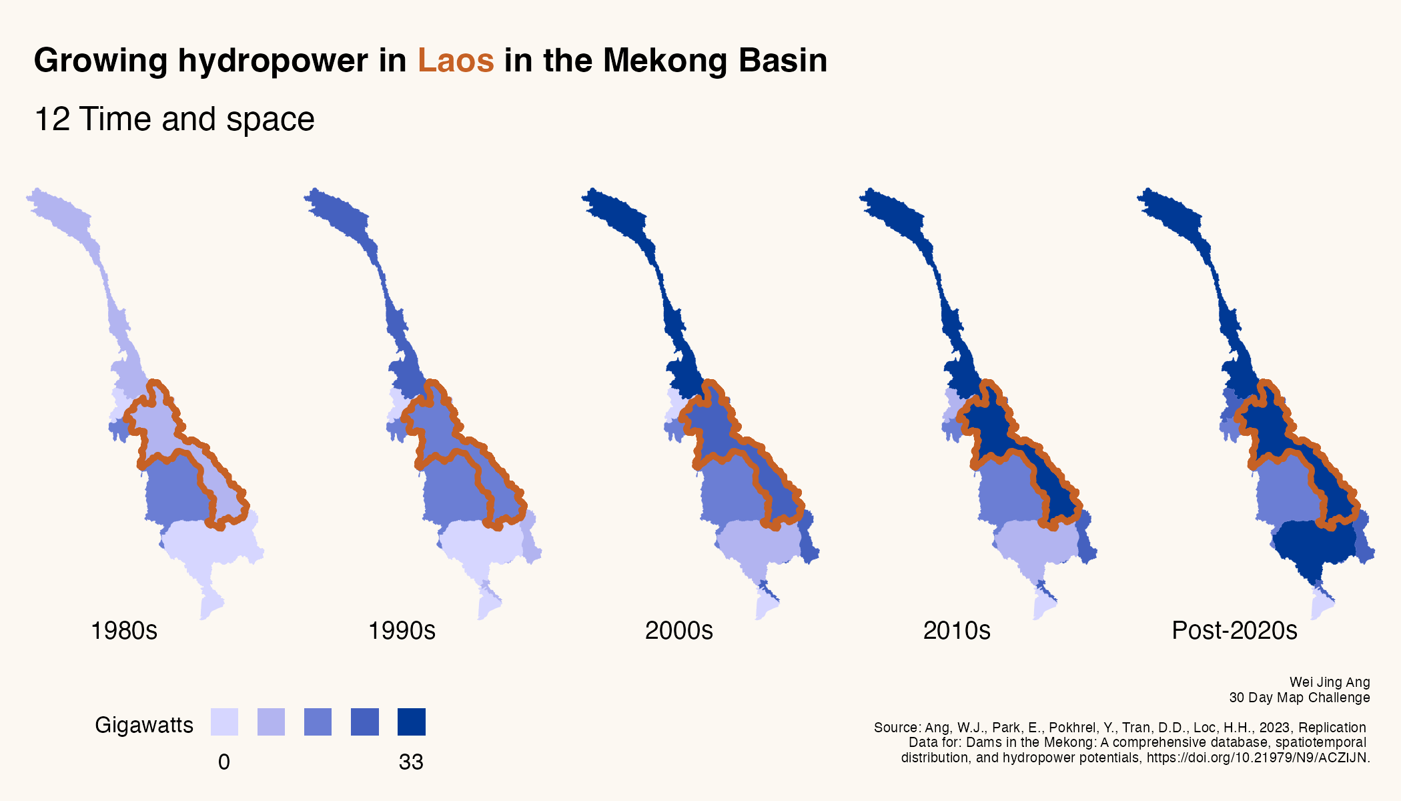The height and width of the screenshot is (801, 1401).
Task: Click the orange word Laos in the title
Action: [456, 61]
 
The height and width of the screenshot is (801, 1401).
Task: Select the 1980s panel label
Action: [124, 630]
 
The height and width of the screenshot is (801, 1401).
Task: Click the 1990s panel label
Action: [402, 630]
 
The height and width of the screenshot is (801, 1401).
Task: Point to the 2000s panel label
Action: [679, 630]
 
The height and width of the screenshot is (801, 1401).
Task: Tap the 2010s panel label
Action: [957, 630]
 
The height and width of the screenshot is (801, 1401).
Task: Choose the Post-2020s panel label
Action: [1234, 630]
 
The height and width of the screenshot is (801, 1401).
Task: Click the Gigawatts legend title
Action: [144, 725]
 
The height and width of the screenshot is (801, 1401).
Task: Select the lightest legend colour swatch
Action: [224, 722]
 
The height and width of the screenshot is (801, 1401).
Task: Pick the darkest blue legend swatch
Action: [411, 722]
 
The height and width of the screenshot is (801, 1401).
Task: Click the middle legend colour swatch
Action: [318, 722]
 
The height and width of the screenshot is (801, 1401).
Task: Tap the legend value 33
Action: [411, 762]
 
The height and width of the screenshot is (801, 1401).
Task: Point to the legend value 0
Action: [224, 762]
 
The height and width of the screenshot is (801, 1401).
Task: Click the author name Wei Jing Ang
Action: [1330, 682]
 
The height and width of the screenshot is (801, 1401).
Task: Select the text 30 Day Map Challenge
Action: [1300, 698]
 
